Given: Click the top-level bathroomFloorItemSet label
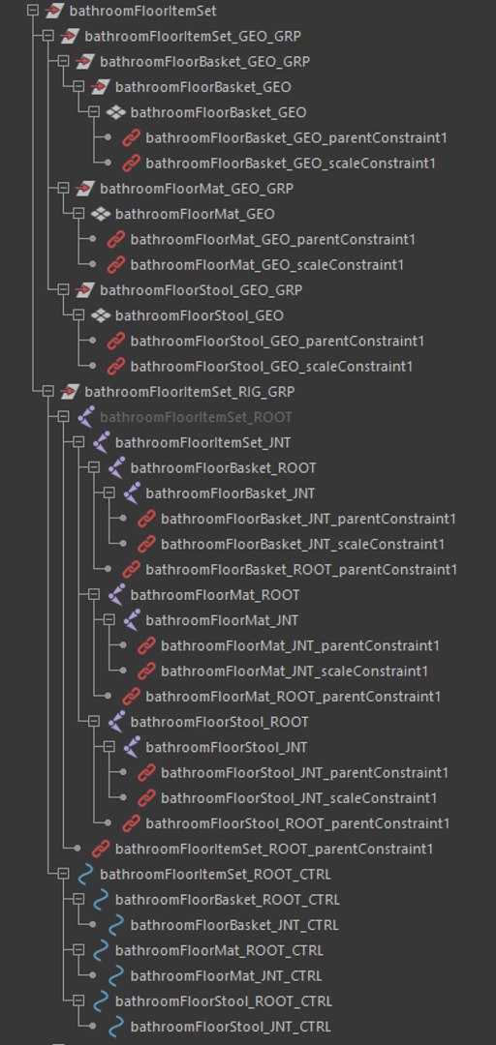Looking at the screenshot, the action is (142, 11).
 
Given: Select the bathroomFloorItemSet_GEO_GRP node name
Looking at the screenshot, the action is (192, 36).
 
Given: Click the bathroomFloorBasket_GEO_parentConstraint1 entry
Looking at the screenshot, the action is (296, 138).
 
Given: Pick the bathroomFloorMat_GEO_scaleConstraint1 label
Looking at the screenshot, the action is (267, 264).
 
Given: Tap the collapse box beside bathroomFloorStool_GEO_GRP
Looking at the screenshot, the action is (63, 290).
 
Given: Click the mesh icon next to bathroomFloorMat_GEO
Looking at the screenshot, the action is (101, 214).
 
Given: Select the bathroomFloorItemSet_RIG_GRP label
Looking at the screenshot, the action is (190, 391).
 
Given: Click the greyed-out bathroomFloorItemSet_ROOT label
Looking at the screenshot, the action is (196, 417).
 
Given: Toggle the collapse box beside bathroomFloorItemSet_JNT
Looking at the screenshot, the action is (78, 442).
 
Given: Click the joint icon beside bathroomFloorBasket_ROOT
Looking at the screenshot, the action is (117, 468).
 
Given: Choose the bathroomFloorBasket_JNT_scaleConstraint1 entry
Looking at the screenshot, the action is (302, 544).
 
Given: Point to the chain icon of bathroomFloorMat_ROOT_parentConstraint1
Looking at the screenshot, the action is (132, 697).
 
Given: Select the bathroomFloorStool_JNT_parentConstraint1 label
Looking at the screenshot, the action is (304, 772).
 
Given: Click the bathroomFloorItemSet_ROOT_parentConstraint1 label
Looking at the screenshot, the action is (274, 849).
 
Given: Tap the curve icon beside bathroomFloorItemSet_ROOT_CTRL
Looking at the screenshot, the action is (85, 875).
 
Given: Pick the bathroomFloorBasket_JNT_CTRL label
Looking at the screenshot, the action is (234, 925).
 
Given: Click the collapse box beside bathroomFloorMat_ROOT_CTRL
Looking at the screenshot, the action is (78, 950).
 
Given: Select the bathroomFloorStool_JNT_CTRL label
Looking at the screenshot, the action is (231, 1027).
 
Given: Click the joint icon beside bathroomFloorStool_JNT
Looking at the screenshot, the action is (132, 747).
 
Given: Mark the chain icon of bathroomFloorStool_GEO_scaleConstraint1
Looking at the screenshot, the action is (116, 366).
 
